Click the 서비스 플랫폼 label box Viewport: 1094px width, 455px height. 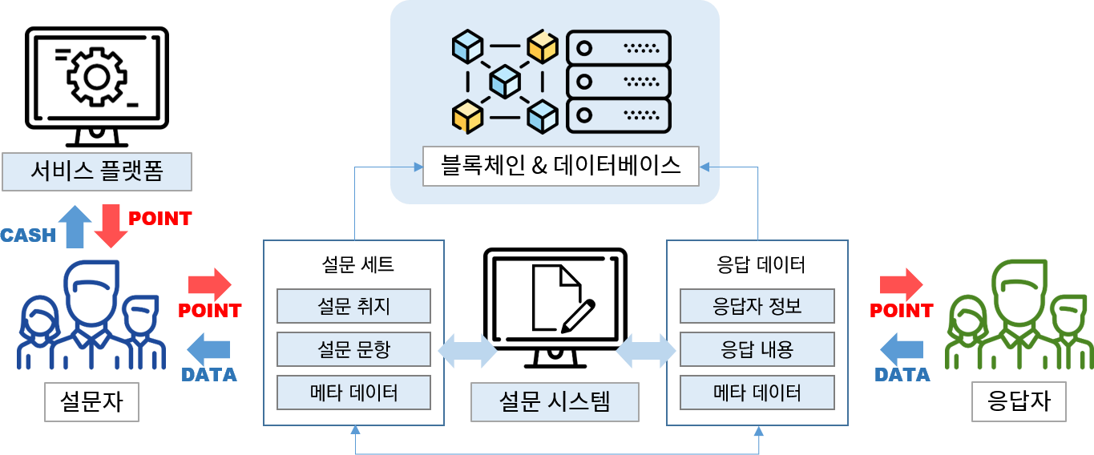(97, 171)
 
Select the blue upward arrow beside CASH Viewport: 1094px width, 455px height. (75, 225)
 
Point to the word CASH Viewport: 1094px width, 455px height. (28, 236)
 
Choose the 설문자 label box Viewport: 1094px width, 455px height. (91, 401)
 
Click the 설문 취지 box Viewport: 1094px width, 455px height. (353, 306)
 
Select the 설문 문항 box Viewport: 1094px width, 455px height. (353, 349)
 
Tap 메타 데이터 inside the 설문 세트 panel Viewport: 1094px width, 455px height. (353, 393)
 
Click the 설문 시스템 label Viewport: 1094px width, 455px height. (555, 401)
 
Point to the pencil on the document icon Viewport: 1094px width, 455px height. (579, 316)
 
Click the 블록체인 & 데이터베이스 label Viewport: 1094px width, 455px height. (561, 166)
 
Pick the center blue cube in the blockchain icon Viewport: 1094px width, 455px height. (505, 81)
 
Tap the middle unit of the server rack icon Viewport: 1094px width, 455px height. (618, 81)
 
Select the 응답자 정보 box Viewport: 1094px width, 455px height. (757, 306)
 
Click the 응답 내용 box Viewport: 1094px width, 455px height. (757, 349)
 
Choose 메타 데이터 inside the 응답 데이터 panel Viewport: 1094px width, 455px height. (757, 393)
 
